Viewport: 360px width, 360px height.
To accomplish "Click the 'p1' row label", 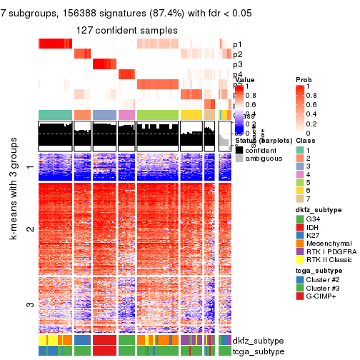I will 238,44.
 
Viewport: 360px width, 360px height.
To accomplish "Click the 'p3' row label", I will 238,64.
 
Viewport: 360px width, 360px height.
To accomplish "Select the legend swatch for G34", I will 300,218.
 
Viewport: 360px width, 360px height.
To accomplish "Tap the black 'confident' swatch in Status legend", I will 239,151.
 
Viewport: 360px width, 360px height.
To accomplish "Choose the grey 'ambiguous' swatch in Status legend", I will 239,161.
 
